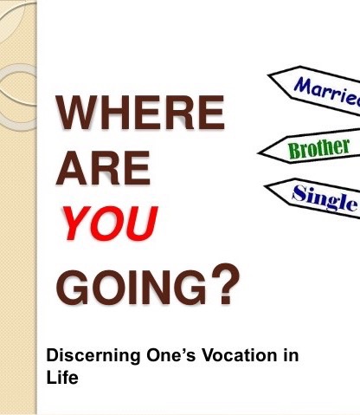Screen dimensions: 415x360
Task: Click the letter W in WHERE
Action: point(79,114)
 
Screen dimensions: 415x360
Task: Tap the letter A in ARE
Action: point(71,171)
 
